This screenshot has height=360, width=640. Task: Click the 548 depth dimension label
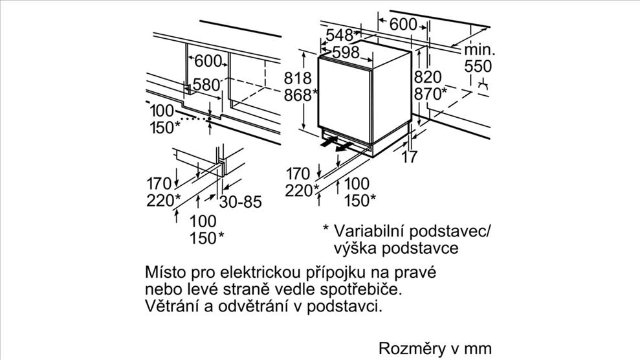tap(339, 35)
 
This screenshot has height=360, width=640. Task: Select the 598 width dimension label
tap(346, 52)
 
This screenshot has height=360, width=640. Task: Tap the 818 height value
tap(298, 78)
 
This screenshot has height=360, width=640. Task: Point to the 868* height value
tap(301, 95)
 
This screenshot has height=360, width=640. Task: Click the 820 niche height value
tap(428, 77)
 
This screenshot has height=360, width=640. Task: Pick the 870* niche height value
tap(430, 94)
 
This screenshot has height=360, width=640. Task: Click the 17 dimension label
tap(410, 156)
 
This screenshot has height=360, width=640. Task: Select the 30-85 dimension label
tap(240, 201)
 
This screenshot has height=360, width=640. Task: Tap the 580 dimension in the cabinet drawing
tap(206, 85)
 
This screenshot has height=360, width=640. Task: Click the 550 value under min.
tap(478, 67)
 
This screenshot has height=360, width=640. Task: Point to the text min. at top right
tap(480, 50)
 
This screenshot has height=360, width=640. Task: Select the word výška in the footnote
tap(355, 248)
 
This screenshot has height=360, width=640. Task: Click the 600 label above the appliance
tap(403, 25)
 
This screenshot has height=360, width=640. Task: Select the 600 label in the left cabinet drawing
tap(208, 62)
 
